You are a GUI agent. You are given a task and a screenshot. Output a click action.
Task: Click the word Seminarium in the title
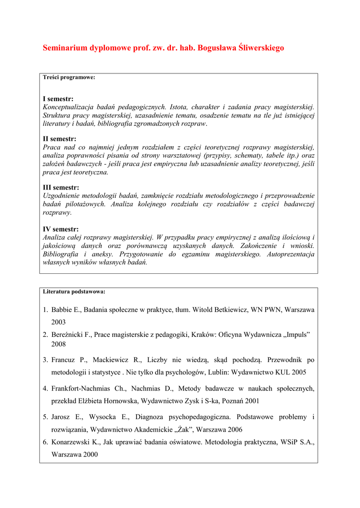(65, 48)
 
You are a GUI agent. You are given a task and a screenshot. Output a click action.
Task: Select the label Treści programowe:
(69, 77)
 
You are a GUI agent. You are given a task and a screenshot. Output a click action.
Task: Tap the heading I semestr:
(58, 99)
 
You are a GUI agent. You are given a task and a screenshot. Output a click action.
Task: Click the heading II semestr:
(60, 139)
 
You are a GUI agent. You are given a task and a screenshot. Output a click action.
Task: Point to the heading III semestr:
(61, 188)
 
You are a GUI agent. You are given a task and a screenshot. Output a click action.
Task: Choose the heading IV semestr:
(61, 229)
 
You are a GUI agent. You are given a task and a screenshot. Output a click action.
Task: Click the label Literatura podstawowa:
(74, 291)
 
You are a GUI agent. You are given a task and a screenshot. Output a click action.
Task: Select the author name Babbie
(62, 310)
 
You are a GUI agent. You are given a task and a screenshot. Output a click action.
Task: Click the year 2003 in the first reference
(59, 322)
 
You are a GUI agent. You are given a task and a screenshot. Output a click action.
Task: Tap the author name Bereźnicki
(68, 335)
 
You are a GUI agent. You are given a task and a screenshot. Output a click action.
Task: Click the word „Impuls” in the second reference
(296, 335)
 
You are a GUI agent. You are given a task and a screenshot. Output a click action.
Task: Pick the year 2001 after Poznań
(251, 400)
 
